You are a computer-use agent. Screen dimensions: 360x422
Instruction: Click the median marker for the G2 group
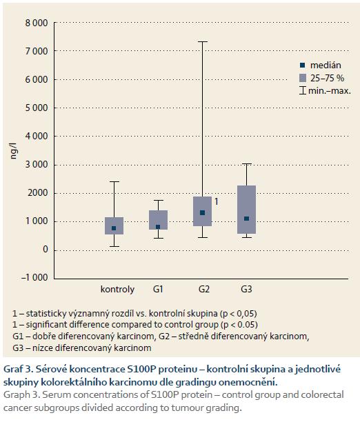203,213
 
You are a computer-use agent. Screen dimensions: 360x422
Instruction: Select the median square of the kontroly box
114,228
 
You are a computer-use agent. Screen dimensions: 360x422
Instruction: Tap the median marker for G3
246,219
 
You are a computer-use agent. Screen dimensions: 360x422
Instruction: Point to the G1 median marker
158,227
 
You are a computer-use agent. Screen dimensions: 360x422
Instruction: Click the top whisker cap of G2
203,41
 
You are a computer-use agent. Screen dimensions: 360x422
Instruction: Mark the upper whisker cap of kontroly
114,181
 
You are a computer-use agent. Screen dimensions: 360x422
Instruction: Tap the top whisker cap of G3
247,163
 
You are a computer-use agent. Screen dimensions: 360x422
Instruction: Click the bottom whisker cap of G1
159,238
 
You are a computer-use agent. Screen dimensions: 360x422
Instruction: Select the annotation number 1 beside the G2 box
217,201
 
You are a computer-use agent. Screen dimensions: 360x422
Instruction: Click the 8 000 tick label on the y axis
37,23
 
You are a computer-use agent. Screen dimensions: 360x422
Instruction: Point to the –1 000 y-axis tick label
34,277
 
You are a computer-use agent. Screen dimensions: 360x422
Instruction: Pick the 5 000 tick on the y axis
37,108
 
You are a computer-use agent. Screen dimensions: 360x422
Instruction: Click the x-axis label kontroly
117,290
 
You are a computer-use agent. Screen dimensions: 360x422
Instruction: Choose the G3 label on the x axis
246,289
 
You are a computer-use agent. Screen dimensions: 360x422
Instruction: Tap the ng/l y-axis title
14,151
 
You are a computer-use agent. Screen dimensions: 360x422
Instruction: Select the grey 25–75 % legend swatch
303,78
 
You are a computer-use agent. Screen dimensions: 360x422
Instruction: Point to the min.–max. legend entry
326,91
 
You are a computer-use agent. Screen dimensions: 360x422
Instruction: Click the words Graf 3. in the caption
19,370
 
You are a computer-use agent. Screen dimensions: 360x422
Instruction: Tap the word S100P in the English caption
164,395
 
